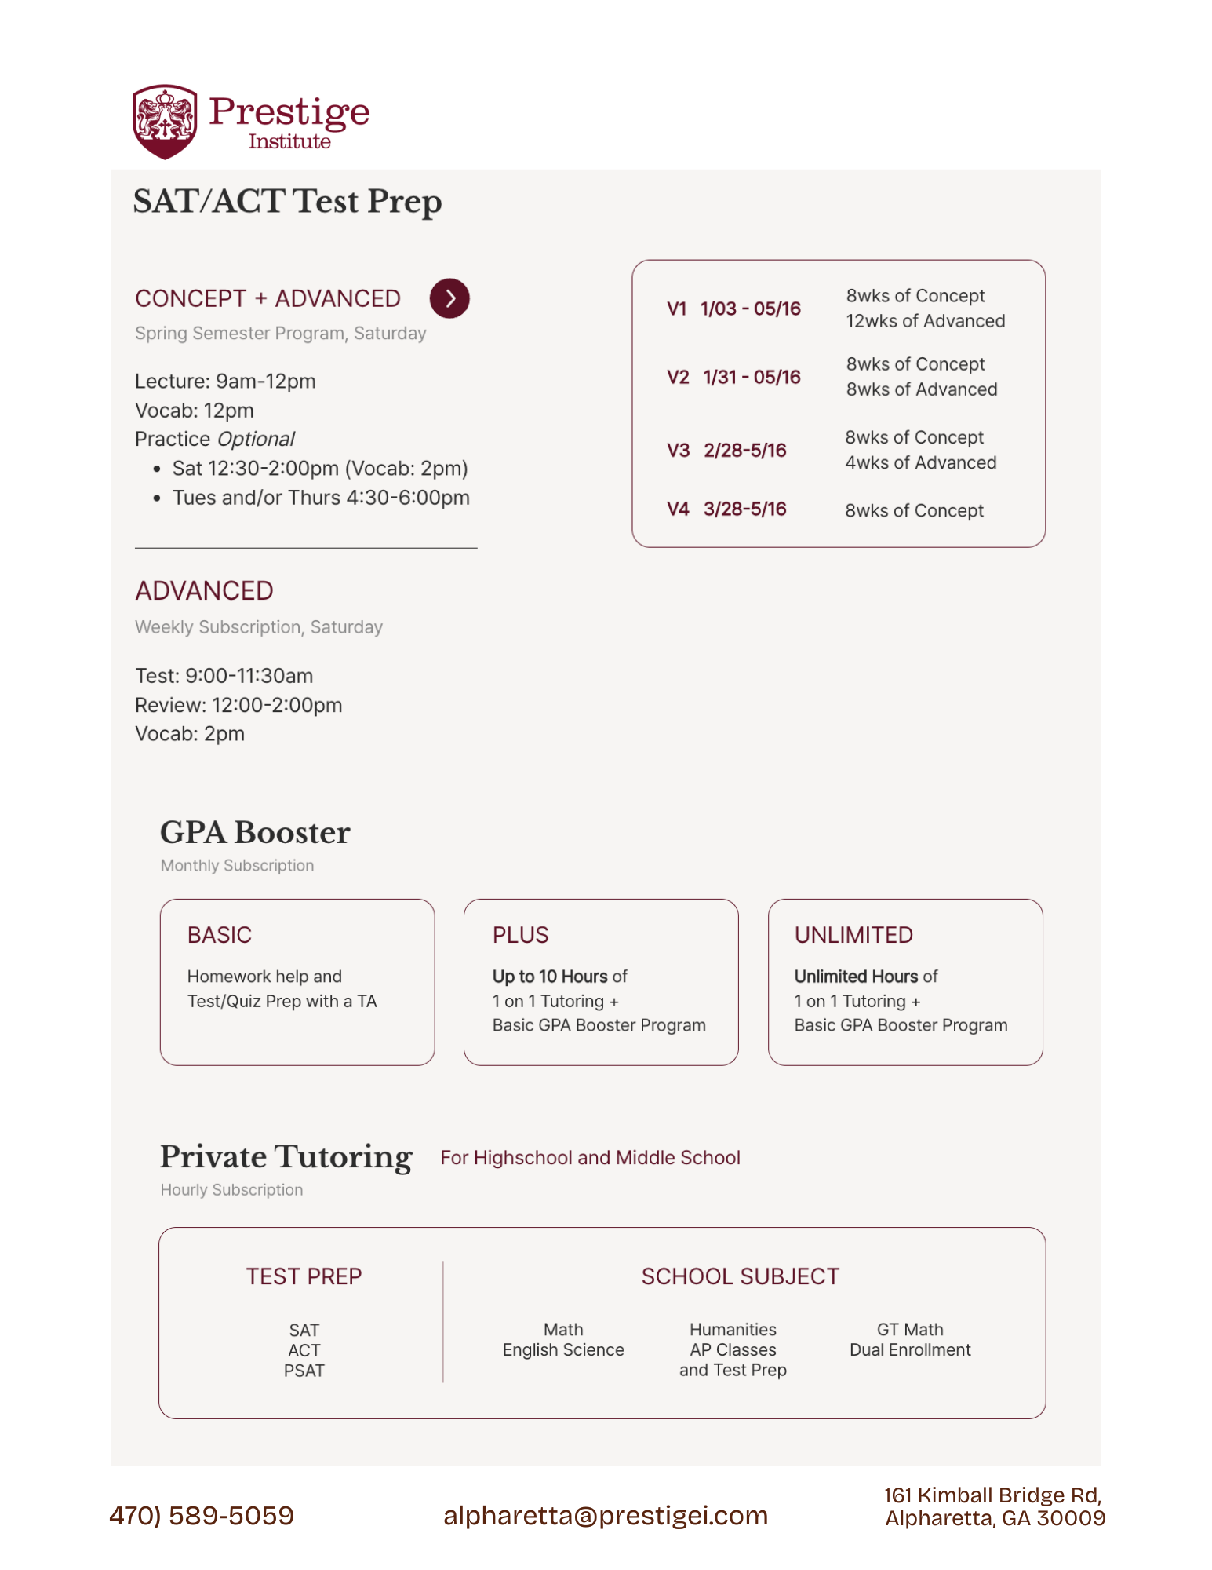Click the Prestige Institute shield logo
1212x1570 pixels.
pyautogui.click(x=165, y=122)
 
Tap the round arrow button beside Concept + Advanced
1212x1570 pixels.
pyautogui.click(x=449, y=298)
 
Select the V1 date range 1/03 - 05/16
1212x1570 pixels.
pyautogui.click(x=750, y=309)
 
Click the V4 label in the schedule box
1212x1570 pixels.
pyautogui.click(x=677, y=509)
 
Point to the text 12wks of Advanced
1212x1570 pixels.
pyautogui.click(x=925, y=321)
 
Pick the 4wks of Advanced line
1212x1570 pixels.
pyautogui.click(x=920, y=463)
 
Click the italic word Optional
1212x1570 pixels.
pyautogui.click(x=256, y=439)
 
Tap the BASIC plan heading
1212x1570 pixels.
pyautogui.click(x=220, y=935)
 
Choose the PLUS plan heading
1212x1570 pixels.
pyautogui.click(x=520, y=935)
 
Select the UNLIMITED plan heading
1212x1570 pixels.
pyautogui.click(x=853, y=935)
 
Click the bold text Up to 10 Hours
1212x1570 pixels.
pyautogui.click(x=550, y=977)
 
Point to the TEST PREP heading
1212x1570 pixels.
pyautogui.click(x=304, y=1276)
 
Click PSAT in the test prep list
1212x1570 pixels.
pyautogui.click(x=304, y=1371)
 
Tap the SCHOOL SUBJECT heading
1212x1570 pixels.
pyautogui.click(x=740, y=1276)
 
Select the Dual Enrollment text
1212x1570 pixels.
pyautogui.click(x=910, y=1350)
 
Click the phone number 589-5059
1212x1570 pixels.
pyautogui.click(x=231, y=1515)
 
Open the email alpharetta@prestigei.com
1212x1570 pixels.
pyautogui.click(x=606, y=1515)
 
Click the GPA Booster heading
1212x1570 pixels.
pyautogui.click(x=255, y=833)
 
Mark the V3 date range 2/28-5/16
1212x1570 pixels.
pyautogui.click(x=744, y=451)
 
